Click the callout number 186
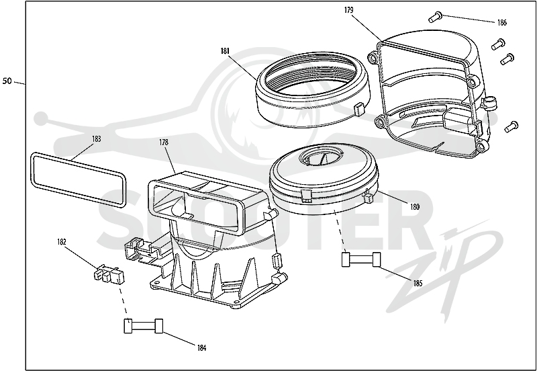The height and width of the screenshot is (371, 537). (501, 23)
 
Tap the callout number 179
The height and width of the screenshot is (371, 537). (348, 10)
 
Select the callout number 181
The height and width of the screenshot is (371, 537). (225, 51)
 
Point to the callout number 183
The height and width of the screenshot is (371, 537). (97, 139)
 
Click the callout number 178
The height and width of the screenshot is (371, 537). (164, 142)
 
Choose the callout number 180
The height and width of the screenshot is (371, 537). (414, 207)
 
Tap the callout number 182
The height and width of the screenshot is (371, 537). (61, 242)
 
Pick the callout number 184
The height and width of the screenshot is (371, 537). (202, 348)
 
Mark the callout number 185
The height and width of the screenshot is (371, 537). (418, 284)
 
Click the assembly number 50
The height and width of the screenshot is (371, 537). (7, 81)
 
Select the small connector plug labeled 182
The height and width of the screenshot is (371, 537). (109, 274)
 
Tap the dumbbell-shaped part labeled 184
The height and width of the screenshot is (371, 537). (143, 326)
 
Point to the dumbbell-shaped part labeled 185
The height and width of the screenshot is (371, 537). (361, 259)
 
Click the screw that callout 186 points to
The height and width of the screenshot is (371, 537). (435, 17)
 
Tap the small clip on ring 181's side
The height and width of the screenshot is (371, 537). (359, 110)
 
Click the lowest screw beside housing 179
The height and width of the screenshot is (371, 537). (511, 127)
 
